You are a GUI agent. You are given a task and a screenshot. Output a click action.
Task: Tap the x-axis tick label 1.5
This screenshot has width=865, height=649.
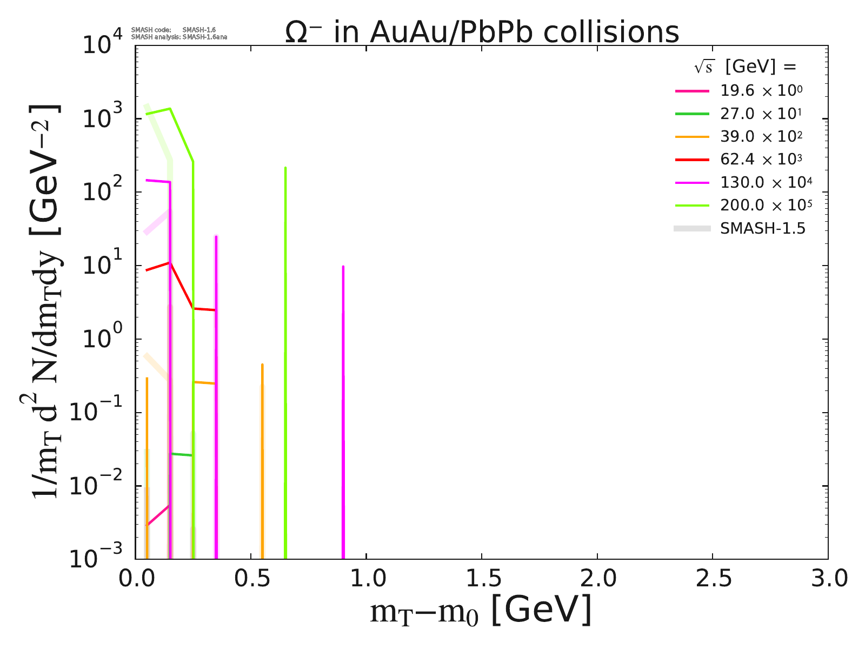pos(481,578)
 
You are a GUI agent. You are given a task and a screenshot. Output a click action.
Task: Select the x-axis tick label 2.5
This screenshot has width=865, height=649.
pos(712,578)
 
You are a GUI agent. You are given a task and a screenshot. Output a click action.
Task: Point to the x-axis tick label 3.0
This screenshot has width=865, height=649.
pos(827,578)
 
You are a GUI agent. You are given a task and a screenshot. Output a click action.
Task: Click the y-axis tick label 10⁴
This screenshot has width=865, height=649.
pos(103,44)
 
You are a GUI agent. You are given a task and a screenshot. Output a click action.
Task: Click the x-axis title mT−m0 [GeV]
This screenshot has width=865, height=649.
pos(481,611)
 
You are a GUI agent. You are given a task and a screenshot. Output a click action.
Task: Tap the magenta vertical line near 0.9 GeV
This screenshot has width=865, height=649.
pos(343,411)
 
